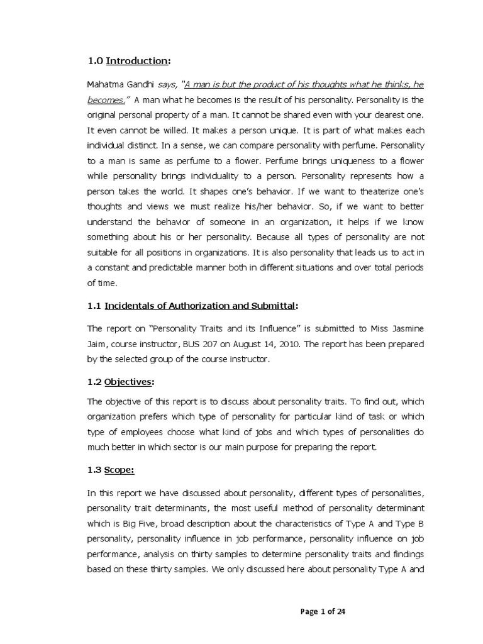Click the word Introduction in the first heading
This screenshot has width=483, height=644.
point(136,61)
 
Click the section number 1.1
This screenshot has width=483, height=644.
point(94,306)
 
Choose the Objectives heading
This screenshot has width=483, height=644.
point(129,382)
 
